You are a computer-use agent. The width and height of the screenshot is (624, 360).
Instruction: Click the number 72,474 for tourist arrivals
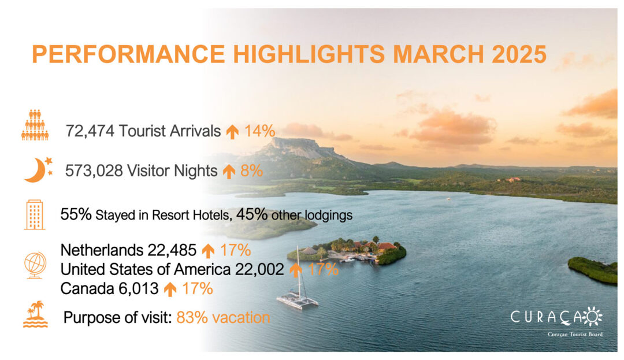pos(90,131)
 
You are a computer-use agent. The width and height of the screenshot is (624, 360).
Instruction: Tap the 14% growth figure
pos(259,131)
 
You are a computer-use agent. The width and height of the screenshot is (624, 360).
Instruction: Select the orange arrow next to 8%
pos(229,172)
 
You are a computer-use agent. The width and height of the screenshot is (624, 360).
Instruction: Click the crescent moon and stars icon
pos(38,170)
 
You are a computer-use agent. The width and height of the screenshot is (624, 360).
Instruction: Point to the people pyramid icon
pos(35,125)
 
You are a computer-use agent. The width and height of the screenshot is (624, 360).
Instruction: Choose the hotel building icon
pos(35,215)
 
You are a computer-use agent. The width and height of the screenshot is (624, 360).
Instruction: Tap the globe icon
pos(35,265)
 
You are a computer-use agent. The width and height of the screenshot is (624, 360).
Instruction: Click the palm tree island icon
pos(35,314)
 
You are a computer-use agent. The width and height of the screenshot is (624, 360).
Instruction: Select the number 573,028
pos(94,170)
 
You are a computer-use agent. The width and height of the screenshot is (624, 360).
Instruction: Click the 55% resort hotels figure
pos(76,214)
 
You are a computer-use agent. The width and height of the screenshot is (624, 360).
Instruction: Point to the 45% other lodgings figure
pos(251,214)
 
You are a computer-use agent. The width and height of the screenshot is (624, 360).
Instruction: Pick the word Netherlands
pos(102,250)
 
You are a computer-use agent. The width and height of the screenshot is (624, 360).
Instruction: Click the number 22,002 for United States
pos(259,269)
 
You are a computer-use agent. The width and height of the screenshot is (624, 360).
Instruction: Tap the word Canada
pos(83,288)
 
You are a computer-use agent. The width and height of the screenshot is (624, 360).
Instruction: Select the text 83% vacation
pos(223,317)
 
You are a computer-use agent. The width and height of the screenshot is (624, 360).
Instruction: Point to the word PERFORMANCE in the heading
pos(128,54)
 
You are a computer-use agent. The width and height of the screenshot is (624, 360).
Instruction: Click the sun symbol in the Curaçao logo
pos(593,317)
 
